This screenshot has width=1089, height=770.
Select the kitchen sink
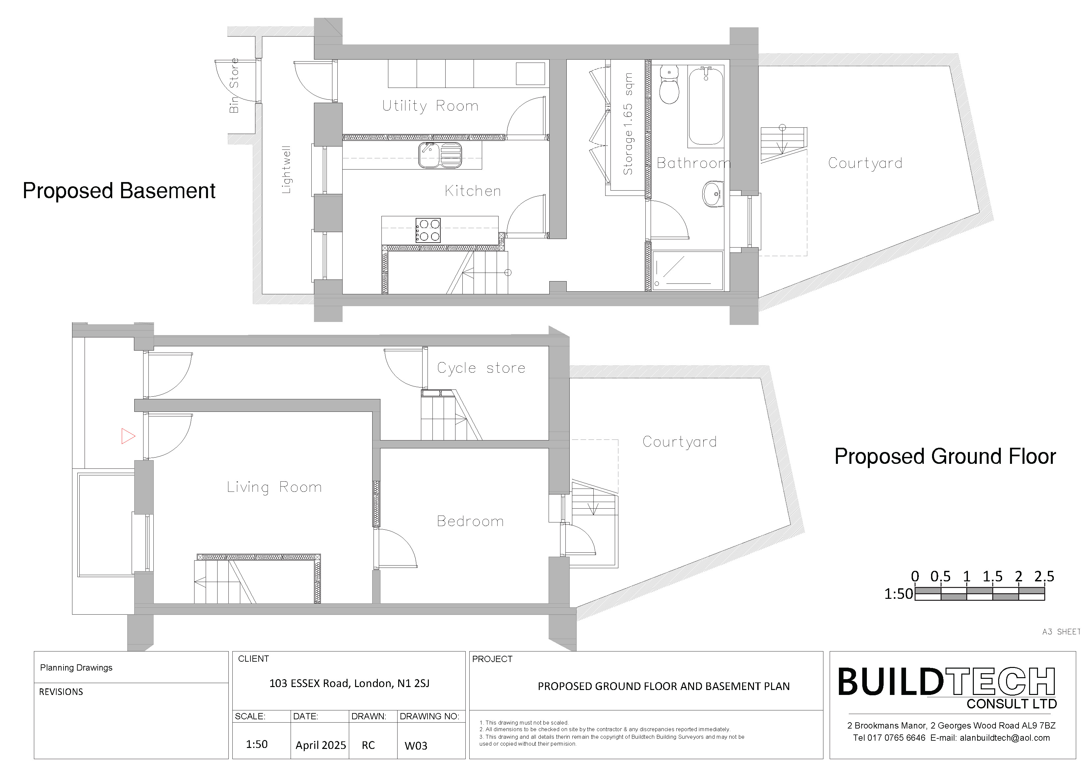(x=440, y=155)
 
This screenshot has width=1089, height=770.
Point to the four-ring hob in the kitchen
(x=428, y=230)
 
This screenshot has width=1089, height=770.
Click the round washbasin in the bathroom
(x=713, y=194)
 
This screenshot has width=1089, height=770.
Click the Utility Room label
(x=430, y=106)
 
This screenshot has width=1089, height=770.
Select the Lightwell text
(x=286, y=169)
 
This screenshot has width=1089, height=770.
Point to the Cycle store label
(x=481, y=368)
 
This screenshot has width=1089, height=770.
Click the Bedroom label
(x=470, y=521)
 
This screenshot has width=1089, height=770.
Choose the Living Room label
(x=274, y=487)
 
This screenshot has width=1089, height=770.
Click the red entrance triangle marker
(x=128, y=436)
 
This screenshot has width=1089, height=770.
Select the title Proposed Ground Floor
(x=945, y=456)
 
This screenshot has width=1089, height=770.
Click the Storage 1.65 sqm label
(x=628, y=124)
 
